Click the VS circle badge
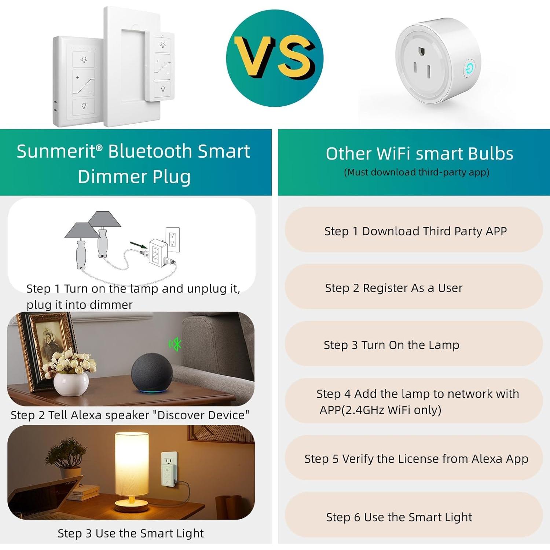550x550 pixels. [275, 58]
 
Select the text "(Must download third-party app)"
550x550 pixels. [417, 172]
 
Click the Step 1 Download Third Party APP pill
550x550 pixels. [414, 230]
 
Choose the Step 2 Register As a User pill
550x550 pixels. [414, 287]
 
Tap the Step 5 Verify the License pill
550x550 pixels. [414, 458]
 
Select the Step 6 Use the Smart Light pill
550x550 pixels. [414, 516]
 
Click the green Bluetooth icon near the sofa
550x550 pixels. [176, 344]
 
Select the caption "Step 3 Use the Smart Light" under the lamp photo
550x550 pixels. [131, 533]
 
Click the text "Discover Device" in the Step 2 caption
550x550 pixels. [201, 415]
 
